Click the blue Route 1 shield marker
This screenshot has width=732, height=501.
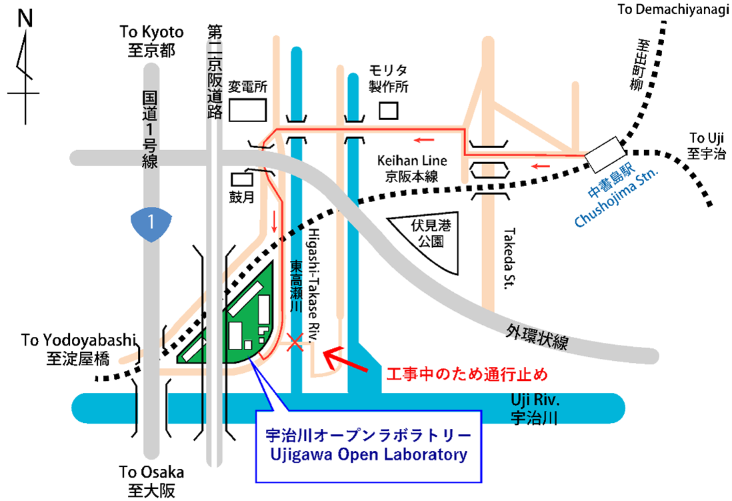[x=151, y=223]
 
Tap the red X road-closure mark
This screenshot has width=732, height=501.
[x=295, y=342]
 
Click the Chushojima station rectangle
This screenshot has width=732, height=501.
[x=605, y=155]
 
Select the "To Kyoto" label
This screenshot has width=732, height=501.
[x=152, y=32]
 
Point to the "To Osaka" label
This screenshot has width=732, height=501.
[x=151, y=472]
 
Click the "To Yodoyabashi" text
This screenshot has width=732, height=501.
[x=79, y=340]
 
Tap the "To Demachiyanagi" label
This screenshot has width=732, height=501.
[x=673, y=9]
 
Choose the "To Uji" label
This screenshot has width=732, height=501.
[x=707, y=138]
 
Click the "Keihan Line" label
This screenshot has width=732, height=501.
[x=412, y=161]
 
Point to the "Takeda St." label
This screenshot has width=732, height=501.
[x=509, y=259]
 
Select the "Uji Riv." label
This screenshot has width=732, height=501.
[x=535, y=400]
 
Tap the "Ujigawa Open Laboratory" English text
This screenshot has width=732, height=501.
[x=369, y=455]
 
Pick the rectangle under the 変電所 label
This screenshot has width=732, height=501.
[x=248, y=110]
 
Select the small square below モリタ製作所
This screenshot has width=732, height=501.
[x=389, y=111]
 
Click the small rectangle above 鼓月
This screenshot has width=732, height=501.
[x=242, y=179]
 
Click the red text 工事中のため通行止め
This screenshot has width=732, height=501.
[x=467, y=374]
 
